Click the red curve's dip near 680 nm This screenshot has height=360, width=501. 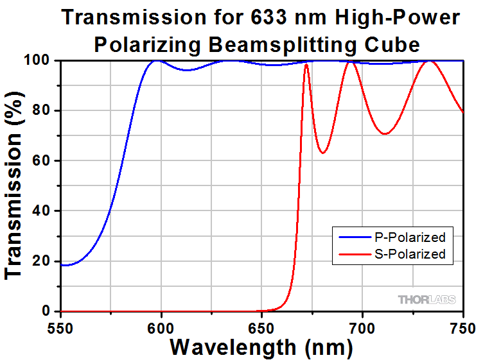pyautogui.click(x=323, y=153)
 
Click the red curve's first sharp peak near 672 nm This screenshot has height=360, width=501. pyautogui.click(x=306, y=64)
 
